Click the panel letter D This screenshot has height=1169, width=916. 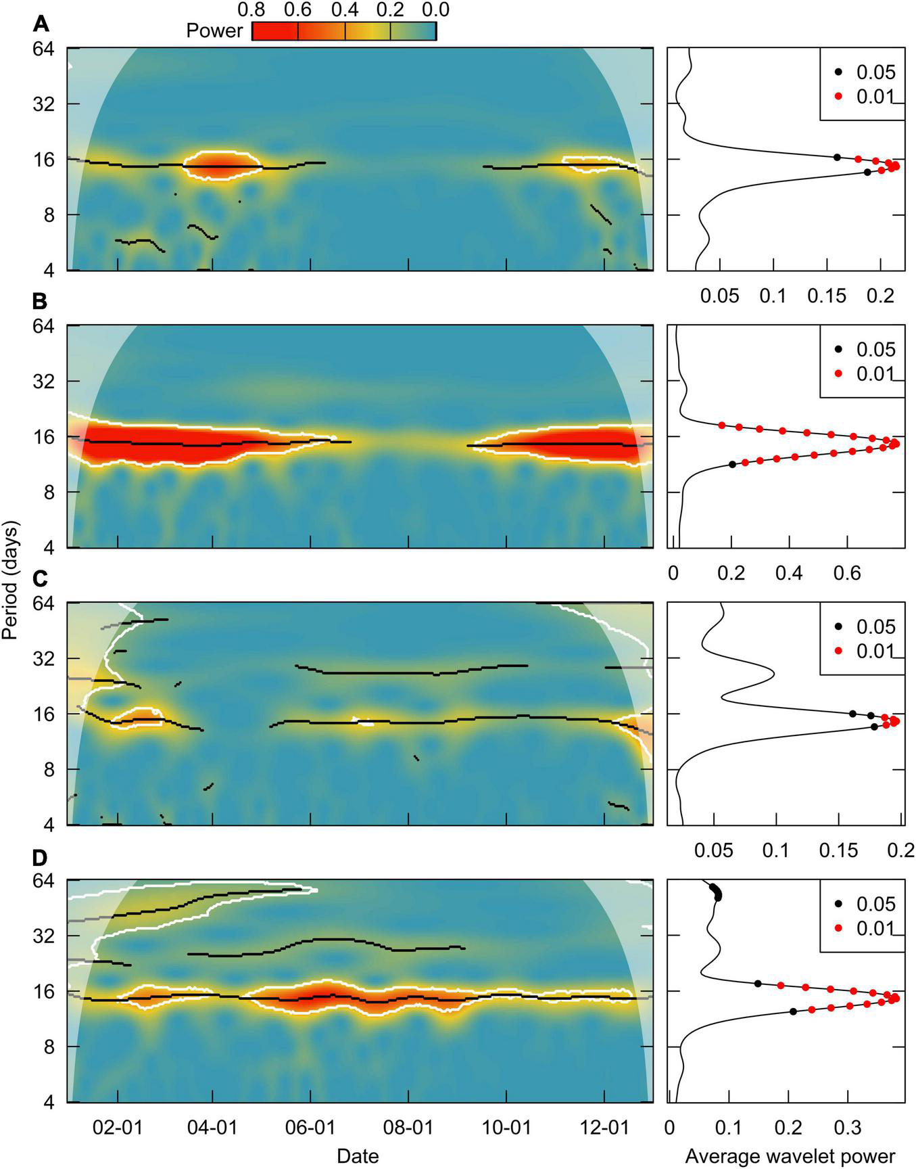pos(41,858)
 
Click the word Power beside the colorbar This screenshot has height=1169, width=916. pos(214,31)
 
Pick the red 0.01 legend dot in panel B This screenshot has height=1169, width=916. pos(838,373)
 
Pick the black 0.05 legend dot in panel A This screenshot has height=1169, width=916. pos(838,72)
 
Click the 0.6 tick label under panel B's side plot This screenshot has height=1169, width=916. pos(846,573)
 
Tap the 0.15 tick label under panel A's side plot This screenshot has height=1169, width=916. pos(828,296)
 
